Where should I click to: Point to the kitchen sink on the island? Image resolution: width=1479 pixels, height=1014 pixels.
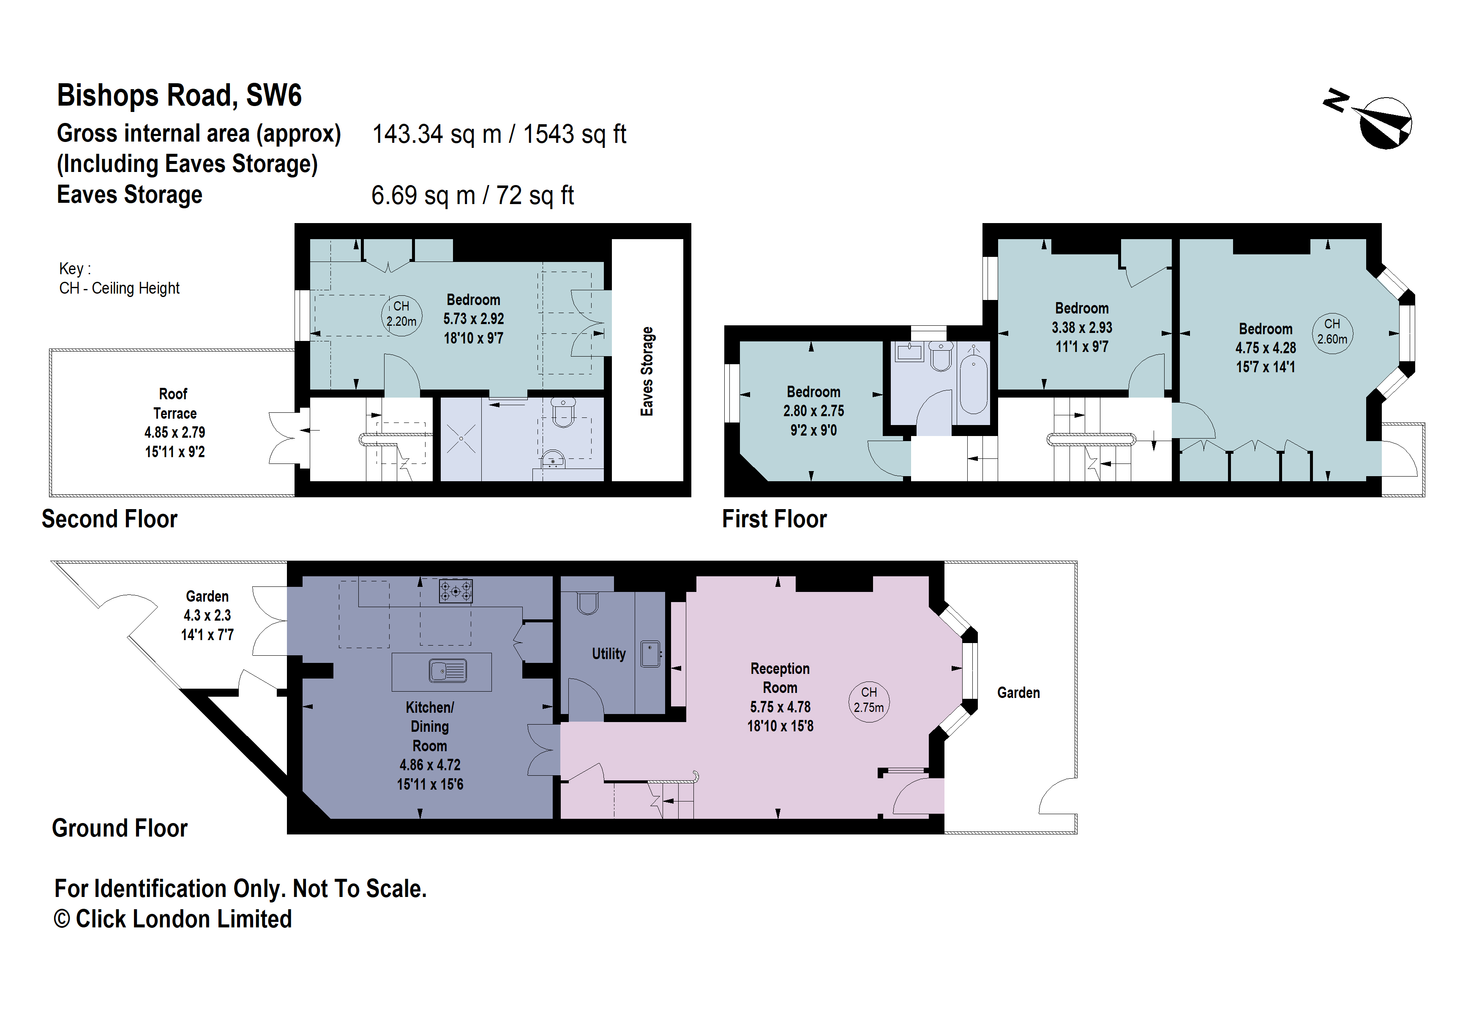tap(448, 671)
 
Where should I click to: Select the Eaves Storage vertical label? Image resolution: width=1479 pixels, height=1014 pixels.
tap(647, 371)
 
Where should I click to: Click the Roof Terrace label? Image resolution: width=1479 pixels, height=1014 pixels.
tap(175, 403)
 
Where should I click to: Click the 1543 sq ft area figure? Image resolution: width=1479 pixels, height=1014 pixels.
tap(575, 134)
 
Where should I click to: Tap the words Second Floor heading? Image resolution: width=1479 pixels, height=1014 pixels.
tap(109, 519)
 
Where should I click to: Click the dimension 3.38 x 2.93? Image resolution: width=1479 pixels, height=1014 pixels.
tap(1081, 327)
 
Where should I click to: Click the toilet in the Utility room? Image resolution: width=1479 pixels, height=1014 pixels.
tap(587, 602)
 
